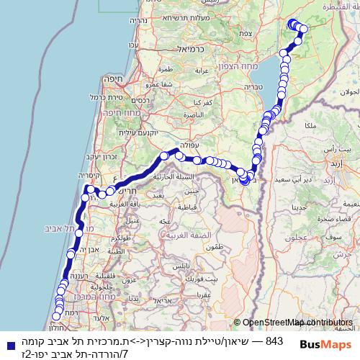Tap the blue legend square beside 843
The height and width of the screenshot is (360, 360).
pos(9,339)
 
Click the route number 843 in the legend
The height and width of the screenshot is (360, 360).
pos(275,339)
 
